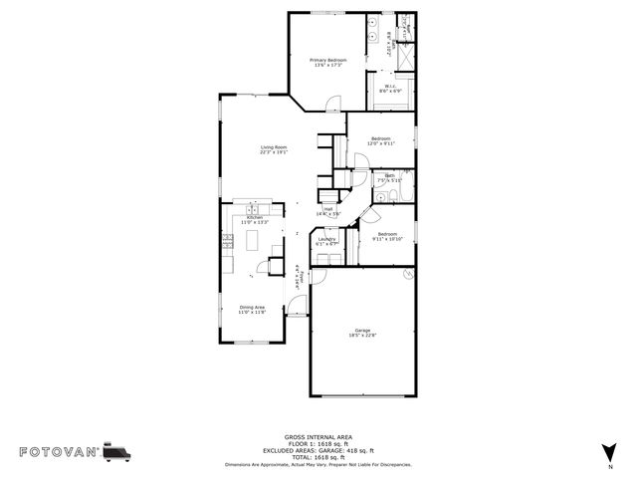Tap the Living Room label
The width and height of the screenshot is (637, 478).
(x=273, y=150)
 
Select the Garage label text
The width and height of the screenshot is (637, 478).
(x=362, y=333)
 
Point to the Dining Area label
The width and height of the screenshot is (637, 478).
(x=252, y=310)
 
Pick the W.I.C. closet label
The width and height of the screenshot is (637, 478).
(x=392, y=88)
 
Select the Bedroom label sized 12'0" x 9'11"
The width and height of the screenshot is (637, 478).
(x=381, y=140)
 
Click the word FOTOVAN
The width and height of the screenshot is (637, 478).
(x=57, y=452)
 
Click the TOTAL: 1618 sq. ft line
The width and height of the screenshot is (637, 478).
(x=318, y=457)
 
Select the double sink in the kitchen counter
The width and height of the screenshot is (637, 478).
(x=228, y=243)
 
